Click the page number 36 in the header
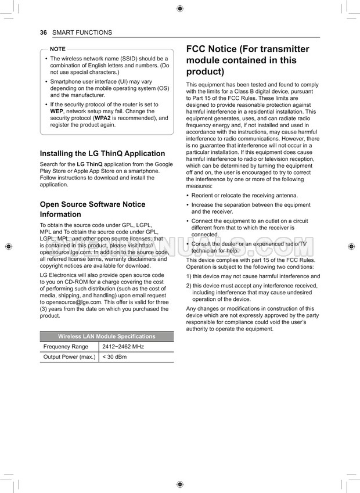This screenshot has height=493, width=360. [44, 33]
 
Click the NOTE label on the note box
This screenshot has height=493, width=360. [58, 49]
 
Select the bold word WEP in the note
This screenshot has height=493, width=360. [56, 111]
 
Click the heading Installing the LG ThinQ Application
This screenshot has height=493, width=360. [102, 154]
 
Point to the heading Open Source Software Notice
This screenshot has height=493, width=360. [92, 204]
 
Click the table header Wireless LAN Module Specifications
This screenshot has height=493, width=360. [107, 336]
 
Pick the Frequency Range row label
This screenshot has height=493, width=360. [66, 347]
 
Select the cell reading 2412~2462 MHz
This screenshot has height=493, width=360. [123, 347]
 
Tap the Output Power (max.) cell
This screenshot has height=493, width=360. [69, 357]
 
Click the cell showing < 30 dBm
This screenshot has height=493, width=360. [114, 357]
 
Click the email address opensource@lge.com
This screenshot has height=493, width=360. [71, 302]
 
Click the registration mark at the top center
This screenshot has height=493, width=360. [180, 9]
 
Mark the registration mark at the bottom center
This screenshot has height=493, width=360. [180, 484]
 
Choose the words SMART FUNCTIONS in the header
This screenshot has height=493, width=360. [82, 33]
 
